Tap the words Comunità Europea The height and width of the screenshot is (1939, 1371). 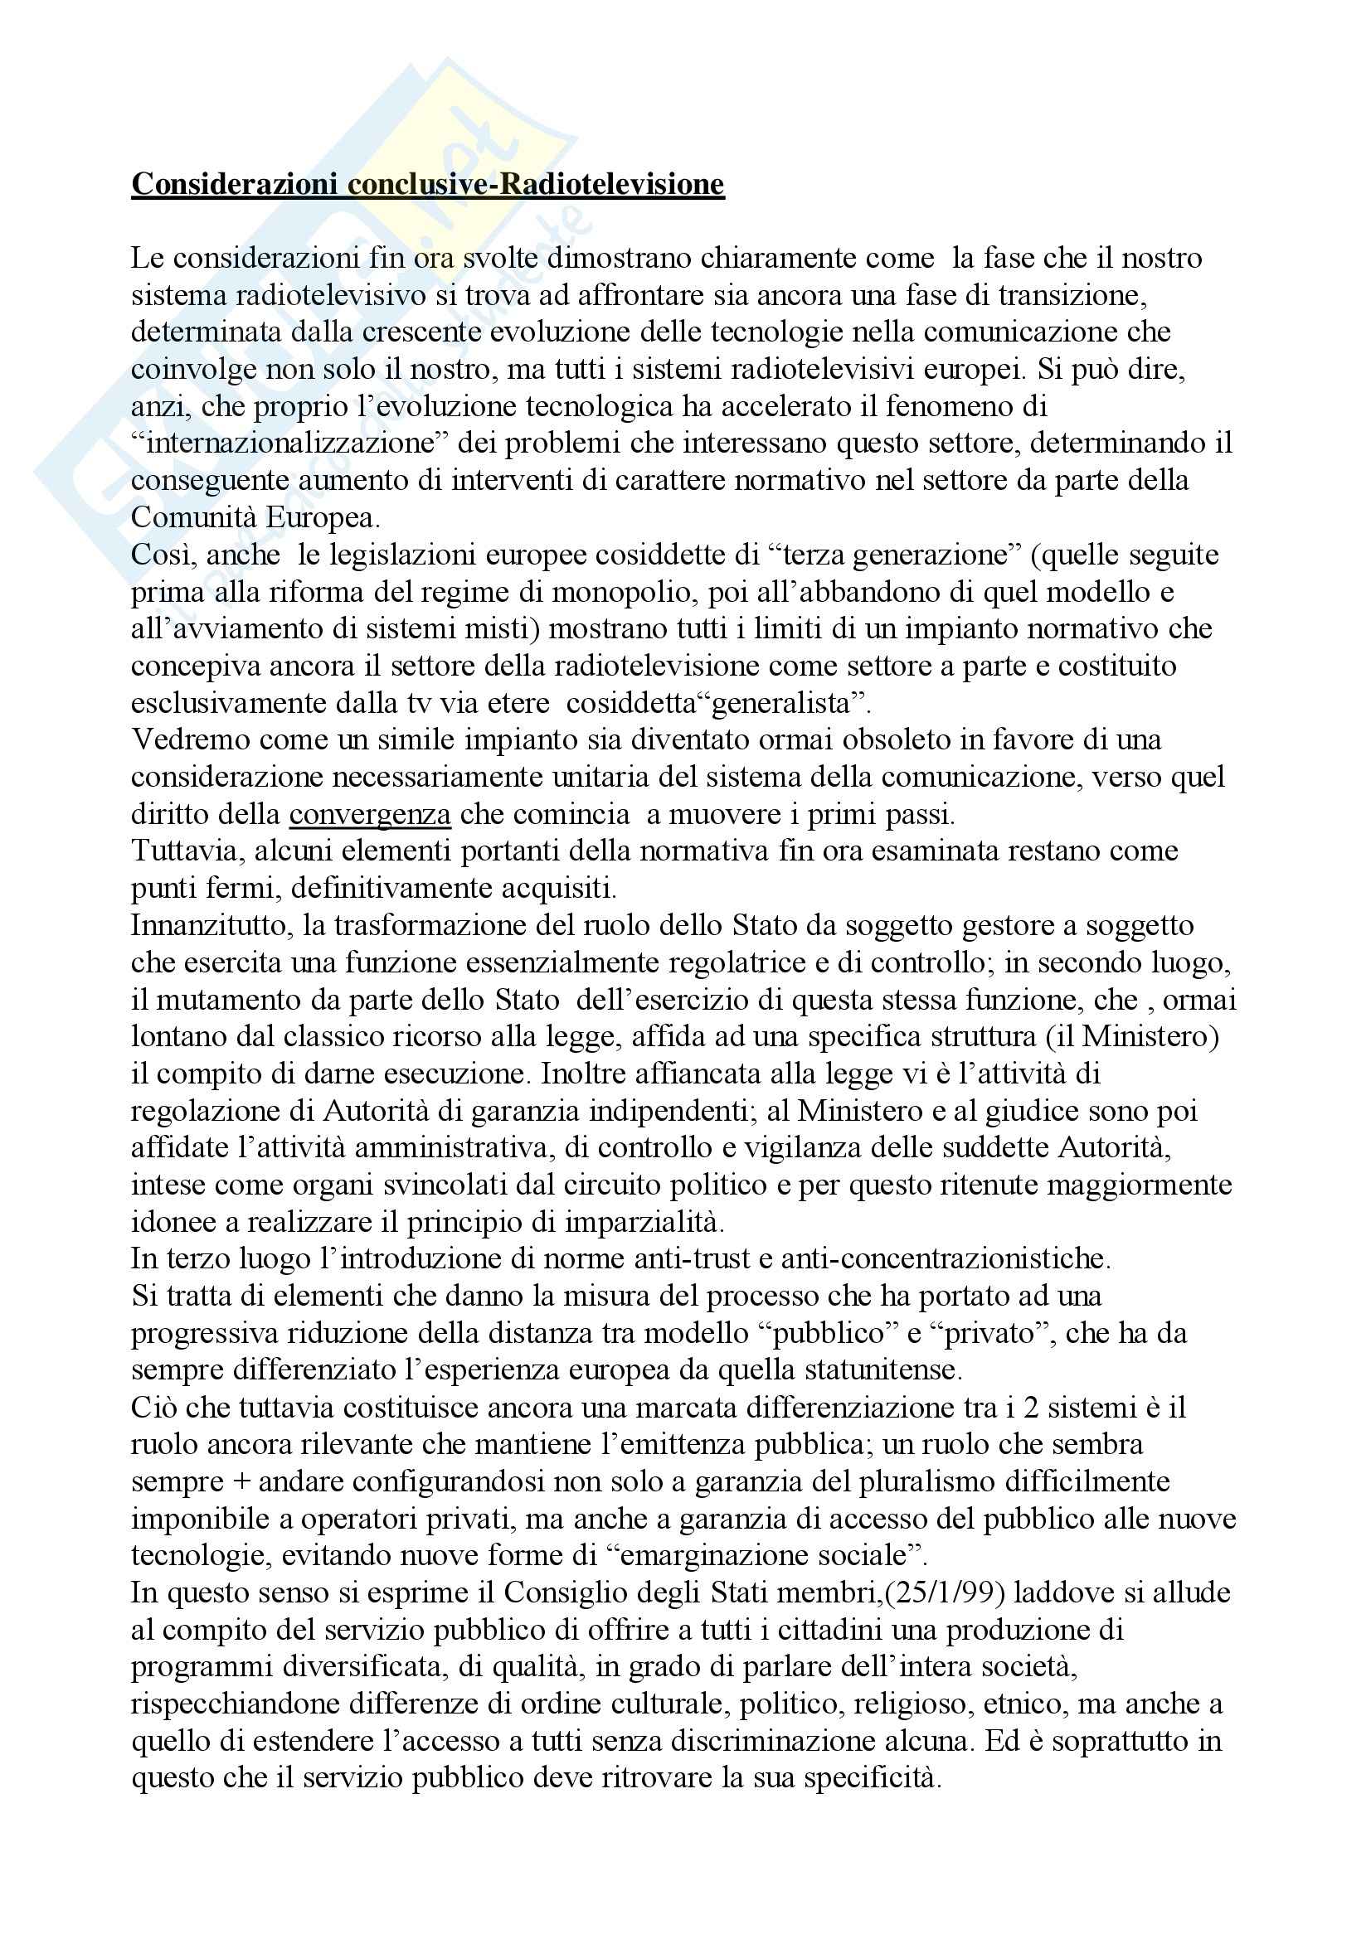[x=256, y=516]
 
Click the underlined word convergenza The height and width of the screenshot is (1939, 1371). [x=370, y=814]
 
